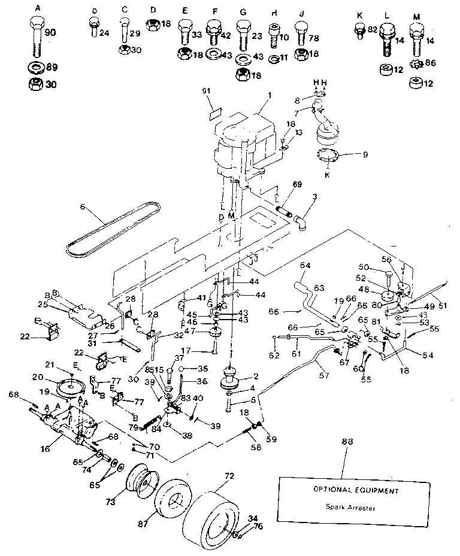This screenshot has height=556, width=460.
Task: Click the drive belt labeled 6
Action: (x=114, y=227)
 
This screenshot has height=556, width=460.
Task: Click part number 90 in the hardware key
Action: (x=50, y=33)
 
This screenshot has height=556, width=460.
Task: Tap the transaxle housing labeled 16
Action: (x=69, y=425)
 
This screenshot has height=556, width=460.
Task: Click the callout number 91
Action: (x=207, y=91)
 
